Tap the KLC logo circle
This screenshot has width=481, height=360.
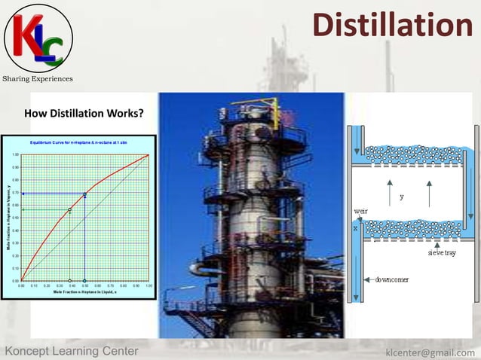38,37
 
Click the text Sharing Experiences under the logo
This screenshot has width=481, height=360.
37,78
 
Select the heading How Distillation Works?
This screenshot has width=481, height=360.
84,114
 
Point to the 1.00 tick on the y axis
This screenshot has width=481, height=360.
15,155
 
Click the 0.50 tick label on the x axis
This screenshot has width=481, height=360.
84,286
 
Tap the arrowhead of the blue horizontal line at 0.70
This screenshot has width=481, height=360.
23,194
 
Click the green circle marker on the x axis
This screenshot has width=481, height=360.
70,280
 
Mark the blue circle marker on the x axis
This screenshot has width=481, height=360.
84,280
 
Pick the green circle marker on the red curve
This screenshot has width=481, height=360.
70,209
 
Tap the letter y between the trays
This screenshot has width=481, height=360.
402,197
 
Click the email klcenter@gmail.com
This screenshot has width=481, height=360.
430,352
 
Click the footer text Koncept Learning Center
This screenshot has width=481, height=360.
72,352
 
